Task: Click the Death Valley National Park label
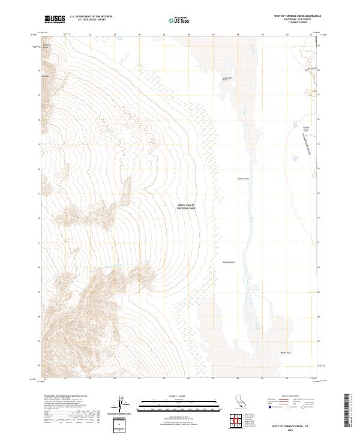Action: [x=186, y=207]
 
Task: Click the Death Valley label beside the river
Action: [x=243, y=178]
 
